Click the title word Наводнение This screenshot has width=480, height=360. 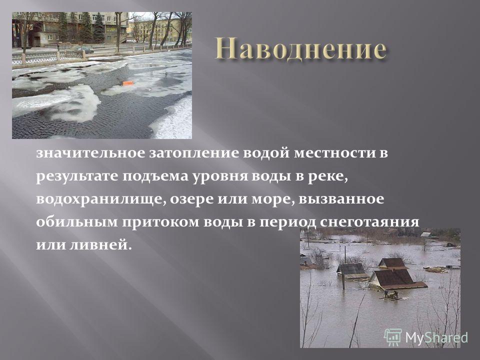300,48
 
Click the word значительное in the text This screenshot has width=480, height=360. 90,153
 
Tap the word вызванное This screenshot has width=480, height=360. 341,199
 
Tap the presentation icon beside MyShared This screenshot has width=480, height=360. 393,337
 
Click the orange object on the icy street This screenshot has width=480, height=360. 127,83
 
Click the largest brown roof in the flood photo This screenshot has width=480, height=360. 397,278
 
